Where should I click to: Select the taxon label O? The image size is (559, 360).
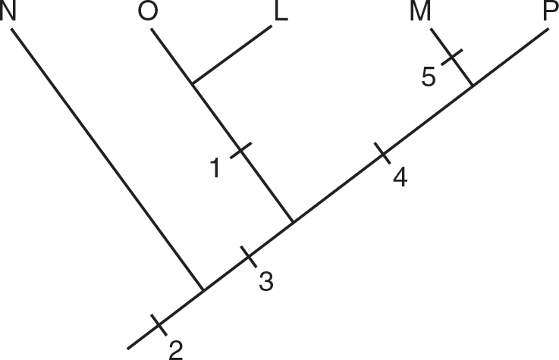[149, 13]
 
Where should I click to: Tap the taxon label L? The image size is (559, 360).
[281, 13]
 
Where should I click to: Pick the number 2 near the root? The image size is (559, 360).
[175, 349]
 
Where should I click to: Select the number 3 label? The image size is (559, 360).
[265, 280]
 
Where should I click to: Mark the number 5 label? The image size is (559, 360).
[429, 77]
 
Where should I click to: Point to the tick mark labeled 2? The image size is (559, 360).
[158, 324]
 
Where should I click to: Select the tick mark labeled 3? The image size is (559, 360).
[250, 255]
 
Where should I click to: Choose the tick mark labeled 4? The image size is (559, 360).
[382, 155]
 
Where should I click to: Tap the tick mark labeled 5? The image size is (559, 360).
[451, 56]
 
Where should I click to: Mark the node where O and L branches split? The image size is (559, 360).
[193, 83]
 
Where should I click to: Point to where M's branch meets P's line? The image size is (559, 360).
[473, 86]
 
